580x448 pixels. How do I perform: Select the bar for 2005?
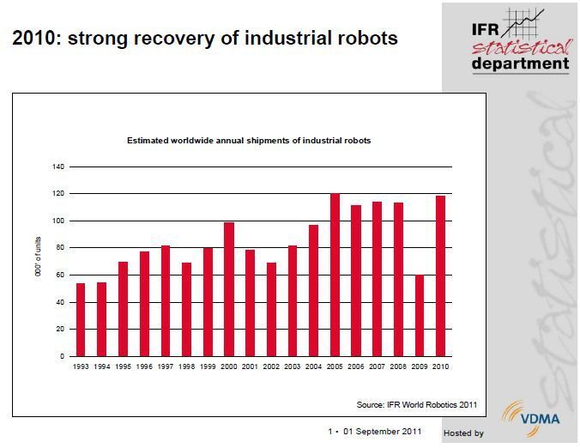tap(335, 275)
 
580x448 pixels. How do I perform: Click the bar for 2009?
tap(420, 315)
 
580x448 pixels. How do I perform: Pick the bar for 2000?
tap(229, 289)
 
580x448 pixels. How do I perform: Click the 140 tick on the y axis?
tap(58, 166)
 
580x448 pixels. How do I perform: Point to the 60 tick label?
tap(60, 275)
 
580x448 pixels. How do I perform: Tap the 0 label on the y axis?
tap(62, 356)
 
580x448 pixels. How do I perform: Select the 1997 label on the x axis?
tap(166, 366)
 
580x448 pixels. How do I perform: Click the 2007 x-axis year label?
tap(378, 366)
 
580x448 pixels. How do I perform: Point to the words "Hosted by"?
tap(463, 433)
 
